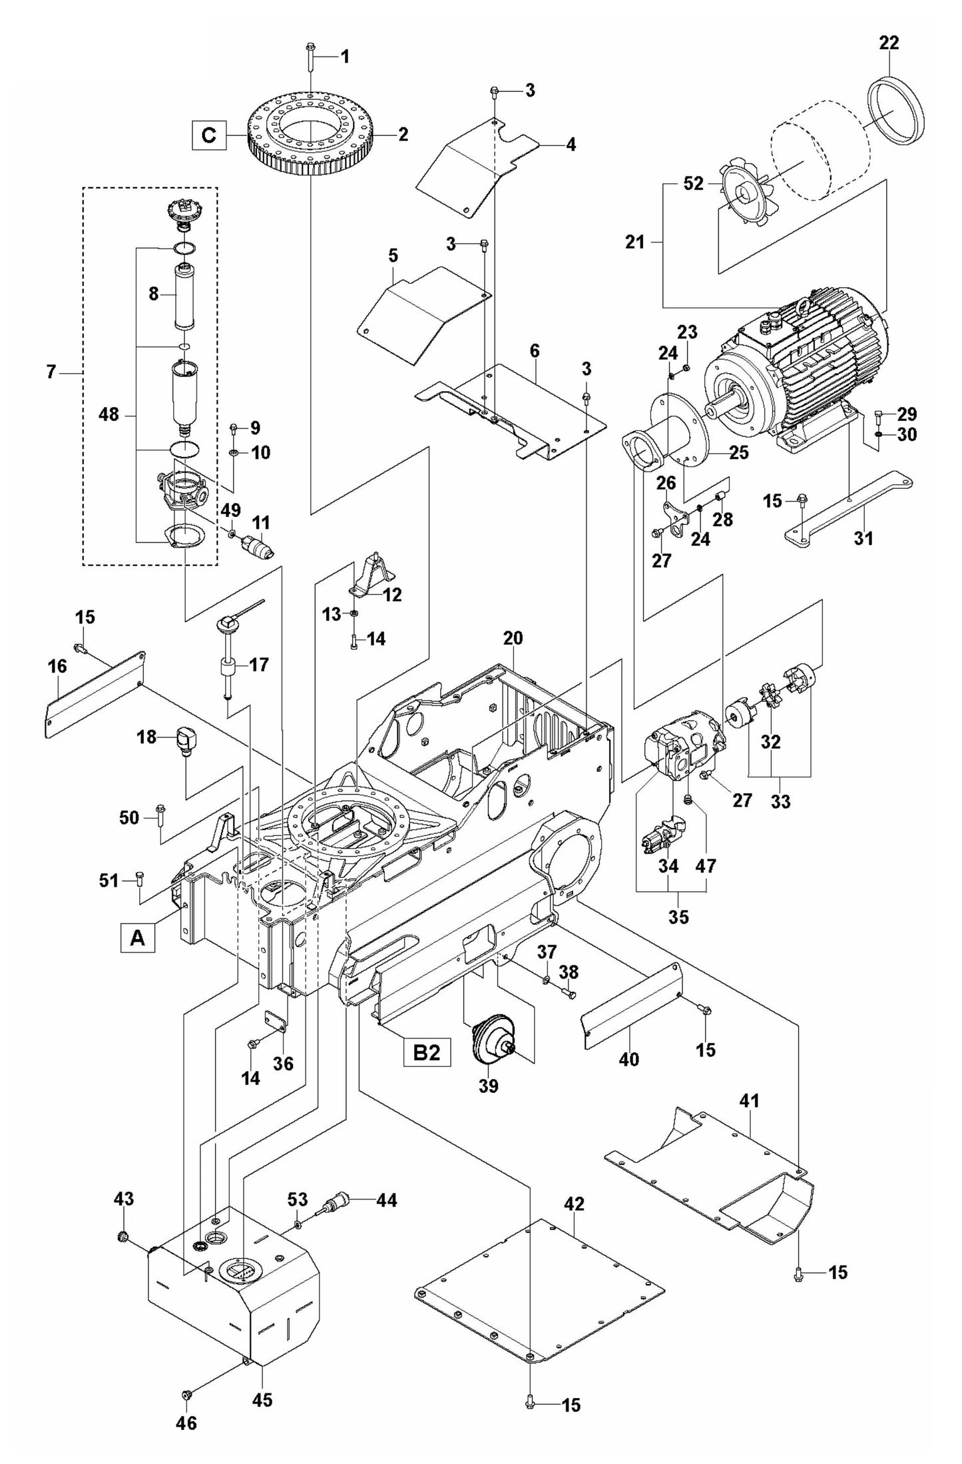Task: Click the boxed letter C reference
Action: [x=208, y=135]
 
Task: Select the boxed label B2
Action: [x=427, y=1052]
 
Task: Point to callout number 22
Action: [x=889, y=43]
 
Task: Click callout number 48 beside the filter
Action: [x=108, y=414]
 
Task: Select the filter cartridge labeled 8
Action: [x=183, y=296]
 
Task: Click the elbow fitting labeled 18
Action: [x=187, y=739]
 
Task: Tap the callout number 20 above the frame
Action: [x=513, y=638]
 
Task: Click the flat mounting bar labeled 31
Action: [x=849, y=510]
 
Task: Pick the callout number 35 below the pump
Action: [x=678, y=916]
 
